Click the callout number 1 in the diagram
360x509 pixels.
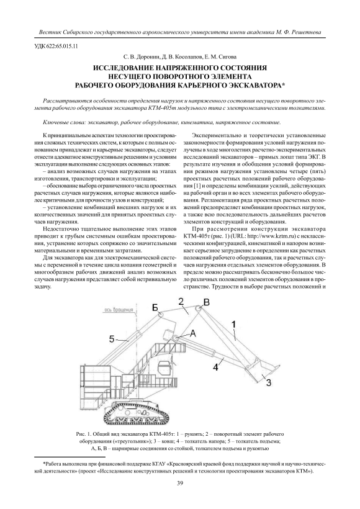(233, 323)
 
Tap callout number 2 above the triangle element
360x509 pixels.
(181, 301)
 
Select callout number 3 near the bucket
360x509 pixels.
(269, 383)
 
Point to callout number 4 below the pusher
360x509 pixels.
(215, 367)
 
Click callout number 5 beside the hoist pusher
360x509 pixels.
(111, 340)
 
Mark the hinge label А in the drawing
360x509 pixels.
(193, 333)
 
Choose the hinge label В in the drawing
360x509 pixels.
(207, 303)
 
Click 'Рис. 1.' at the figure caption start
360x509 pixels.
(84, 434)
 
